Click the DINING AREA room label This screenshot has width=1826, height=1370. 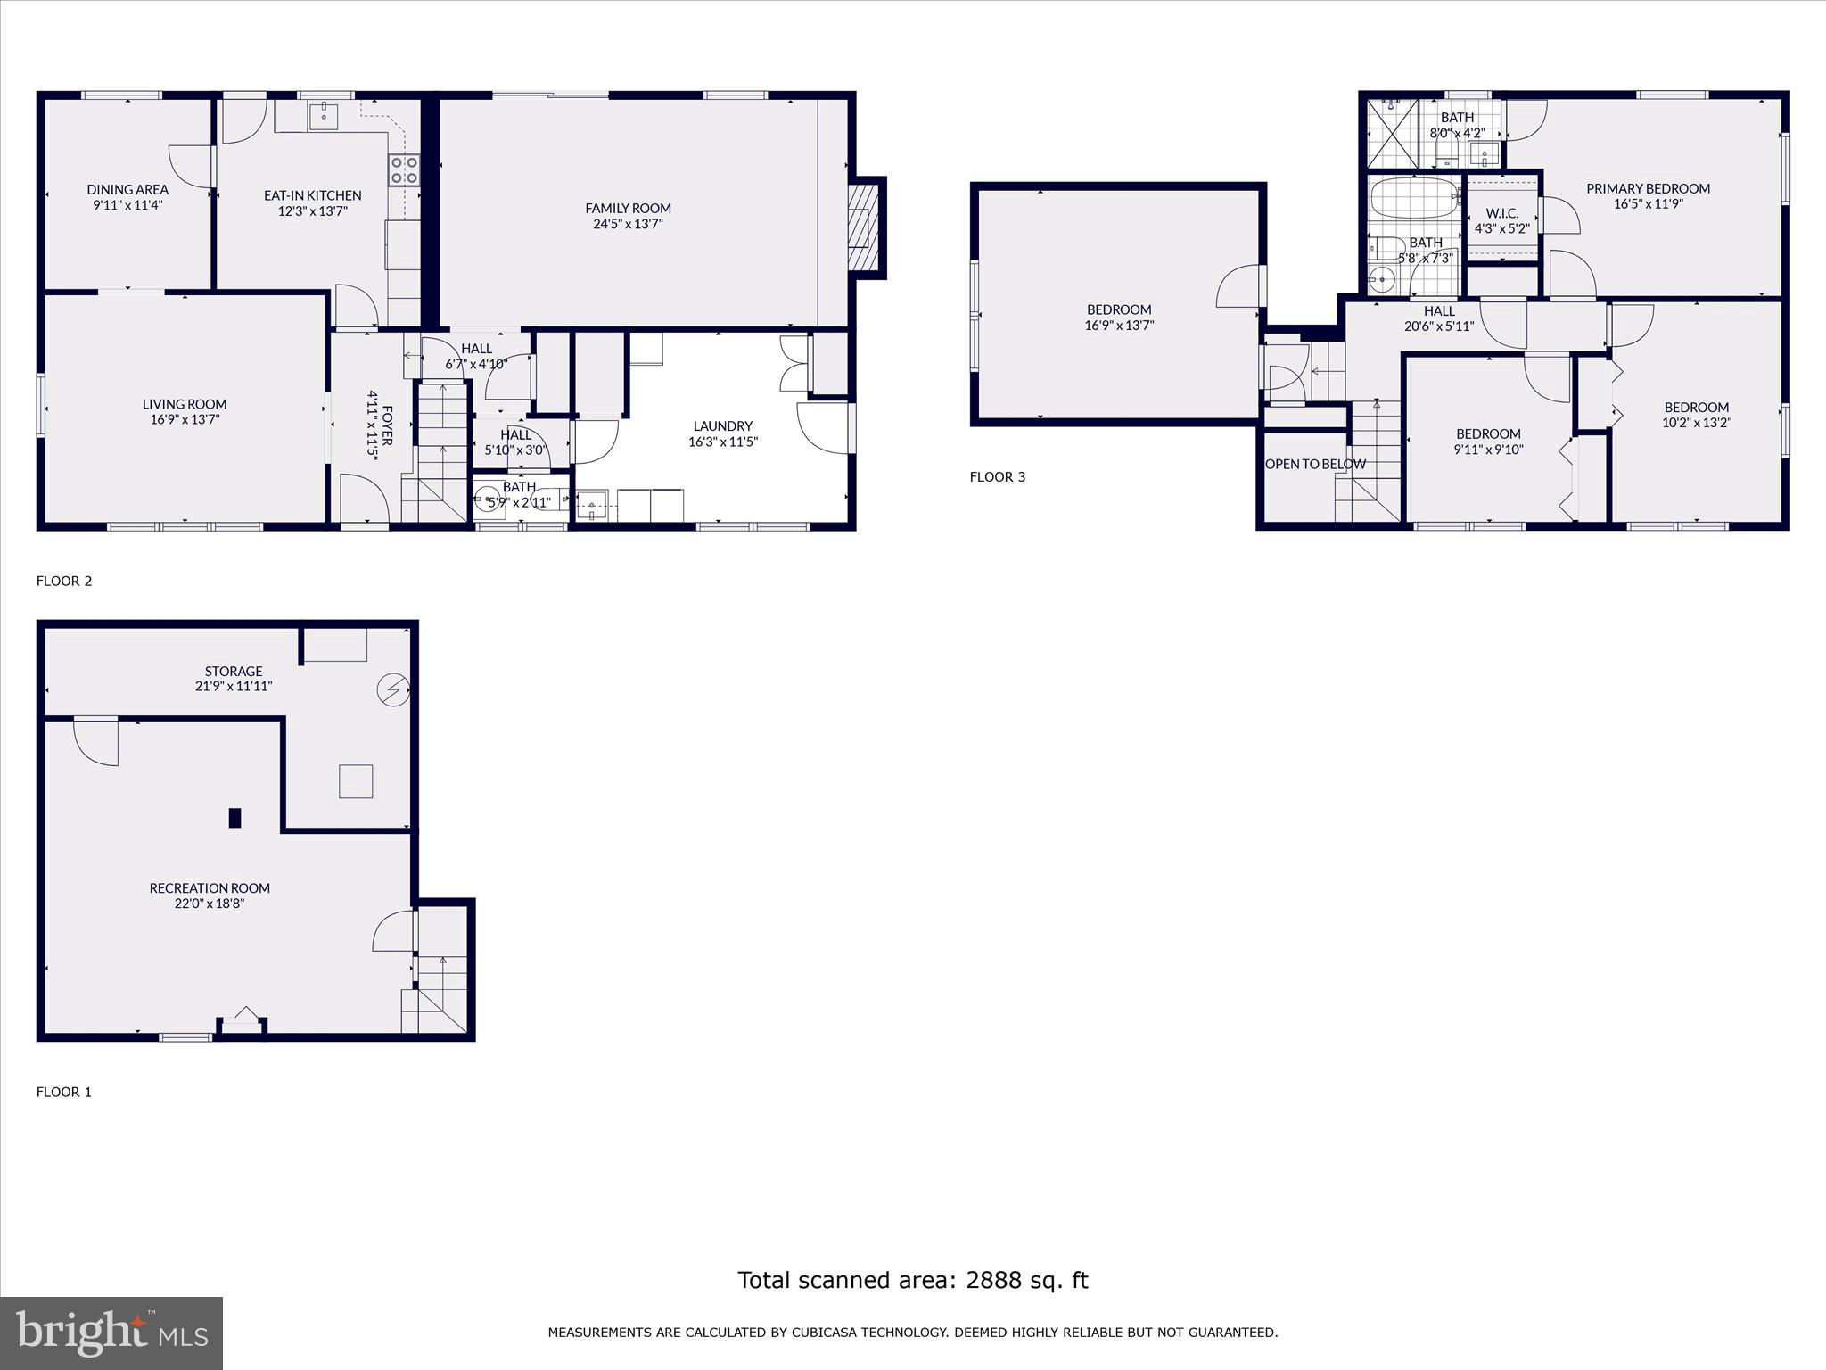[127, 189]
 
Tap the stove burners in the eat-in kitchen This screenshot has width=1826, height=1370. [404, 169]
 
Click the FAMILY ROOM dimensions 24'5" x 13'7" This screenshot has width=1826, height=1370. [628, 224]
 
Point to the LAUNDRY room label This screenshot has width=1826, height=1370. [722, 426]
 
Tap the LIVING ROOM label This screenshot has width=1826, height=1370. [185, 404]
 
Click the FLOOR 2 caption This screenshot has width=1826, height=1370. [64, 582]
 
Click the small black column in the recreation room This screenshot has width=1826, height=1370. [234, 818]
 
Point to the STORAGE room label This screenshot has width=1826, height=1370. [234, 672]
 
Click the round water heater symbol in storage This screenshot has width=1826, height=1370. [391, 689]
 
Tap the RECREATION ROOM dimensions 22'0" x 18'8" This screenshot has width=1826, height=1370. [210, 904]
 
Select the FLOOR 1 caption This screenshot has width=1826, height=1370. [64, 1092]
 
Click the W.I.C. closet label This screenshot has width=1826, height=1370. [1502, 214]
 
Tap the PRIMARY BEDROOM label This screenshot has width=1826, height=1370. [1648, 188]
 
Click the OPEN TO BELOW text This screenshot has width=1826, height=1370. [1315, 464]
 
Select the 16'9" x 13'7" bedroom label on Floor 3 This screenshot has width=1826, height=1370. [1119, 310]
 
